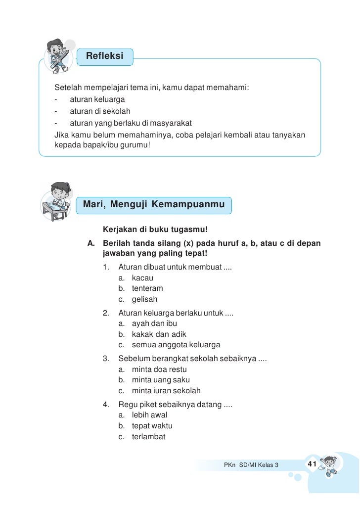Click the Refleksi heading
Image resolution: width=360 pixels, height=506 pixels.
(104, 56)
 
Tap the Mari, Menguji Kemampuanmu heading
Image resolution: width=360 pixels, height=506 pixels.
(154, 204)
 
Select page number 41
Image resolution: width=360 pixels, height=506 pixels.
(312, 464)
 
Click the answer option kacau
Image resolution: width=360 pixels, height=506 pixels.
(142, 278)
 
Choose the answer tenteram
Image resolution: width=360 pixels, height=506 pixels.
(147, 288)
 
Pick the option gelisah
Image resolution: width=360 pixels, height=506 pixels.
(144, 299)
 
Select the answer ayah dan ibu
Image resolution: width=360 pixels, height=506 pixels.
(154, 323)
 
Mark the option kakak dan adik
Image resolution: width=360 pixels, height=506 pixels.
(159, 334)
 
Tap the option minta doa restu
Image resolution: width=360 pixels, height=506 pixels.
(159, 369)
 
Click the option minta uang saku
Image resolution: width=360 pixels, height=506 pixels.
(161, 380)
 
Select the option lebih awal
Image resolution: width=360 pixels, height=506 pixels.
(149, 415)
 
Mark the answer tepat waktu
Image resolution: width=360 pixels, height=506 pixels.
(152, 426)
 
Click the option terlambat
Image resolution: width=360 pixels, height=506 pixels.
(148, 437)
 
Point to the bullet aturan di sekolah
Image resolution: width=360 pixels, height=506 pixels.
(100, 111)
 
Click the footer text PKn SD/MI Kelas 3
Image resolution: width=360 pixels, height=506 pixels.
(251, 465)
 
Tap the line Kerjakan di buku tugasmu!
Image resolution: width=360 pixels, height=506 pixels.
(154, 230)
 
